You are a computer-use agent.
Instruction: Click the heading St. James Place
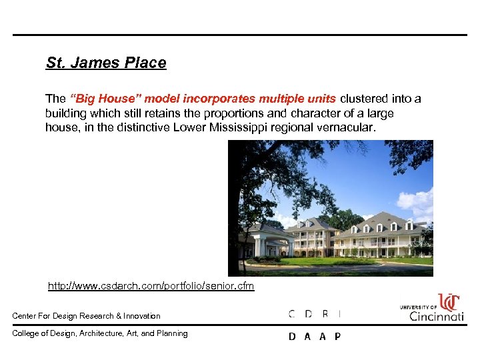click(106, 63)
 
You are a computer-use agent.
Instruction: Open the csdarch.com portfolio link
click(151, 286)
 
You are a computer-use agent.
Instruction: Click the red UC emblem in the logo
click(450, 302)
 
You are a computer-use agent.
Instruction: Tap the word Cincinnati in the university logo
click(437, 315)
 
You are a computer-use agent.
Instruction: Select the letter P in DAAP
click(337, 337)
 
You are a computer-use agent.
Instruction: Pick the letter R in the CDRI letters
click(325, 313)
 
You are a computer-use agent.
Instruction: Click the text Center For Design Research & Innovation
click(86, 316)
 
